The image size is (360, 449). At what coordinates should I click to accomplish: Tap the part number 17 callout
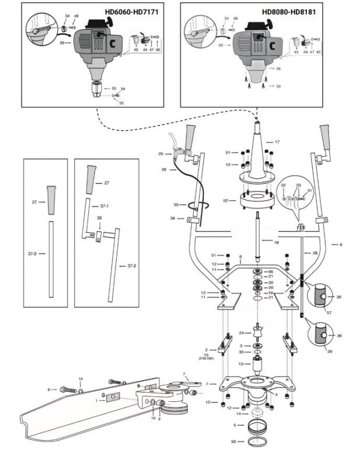(277, 142)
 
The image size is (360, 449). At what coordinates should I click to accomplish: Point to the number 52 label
(226, 200)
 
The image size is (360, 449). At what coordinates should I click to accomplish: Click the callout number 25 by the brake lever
(160, 154)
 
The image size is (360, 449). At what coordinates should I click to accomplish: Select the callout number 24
(241, 333)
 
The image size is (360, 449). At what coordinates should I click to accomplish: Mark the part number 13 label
(240, 363)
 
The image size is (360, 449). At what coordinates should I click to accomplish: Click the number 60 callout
(221, 45)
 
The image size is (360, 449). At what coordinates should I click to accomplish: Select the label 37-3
(32, 254)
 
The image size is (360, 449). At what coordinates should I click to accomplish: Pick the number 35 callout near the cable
(176, 205)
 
